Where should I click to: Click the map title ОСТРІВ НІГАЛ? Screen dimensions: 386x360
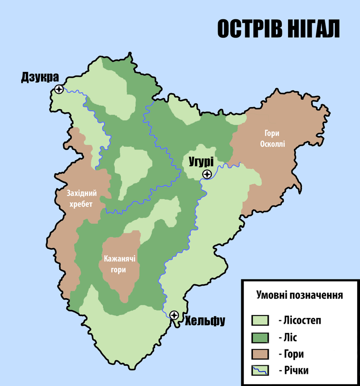(x=278, y=28)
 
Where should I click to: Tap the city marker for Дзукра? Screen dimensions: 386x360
(x=59, y=89)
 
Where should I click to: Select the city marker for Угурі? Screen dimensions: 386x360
(x=207, y=174)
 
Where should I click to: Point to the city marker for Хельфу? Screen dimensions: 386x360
(x=174, y=315)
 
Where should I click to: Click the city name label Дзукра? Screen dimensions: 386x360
(x=40, y=77)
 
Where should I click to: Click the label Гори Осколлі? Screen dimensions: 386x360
(x=275, y=138)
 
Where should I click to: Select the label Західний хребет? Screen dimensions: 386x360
(x=82, y=199)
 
